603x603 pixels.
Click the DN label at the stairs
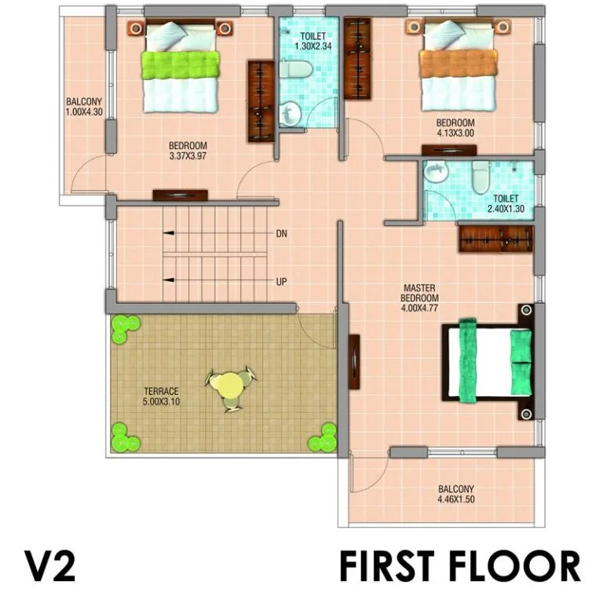[281, 233]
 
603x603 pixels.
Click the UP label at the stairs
[281, 282]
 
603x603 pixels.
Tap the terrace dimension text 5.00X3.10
[161, 402]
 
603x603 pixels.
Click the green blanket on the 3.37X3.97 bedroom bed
[180, 65]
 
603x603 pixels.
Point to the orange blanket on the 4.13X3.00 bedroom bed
[458, 64]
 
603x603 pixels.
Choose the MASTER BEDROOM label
[419, 293]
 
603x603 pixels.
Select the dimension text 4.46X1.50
[456, 499]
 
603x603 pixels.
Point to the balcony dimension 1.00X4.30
[84, 112]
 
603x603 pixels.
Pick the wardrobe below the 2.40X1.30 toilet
[496, 239]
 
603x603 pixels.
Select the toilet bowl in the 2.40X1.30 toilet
[481, 177]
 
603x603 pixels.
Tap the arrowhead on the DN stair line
[169, 233]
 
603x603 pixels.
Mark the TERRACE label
[161, 392]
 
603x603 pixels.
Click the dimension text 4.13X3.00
[455, 133]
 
